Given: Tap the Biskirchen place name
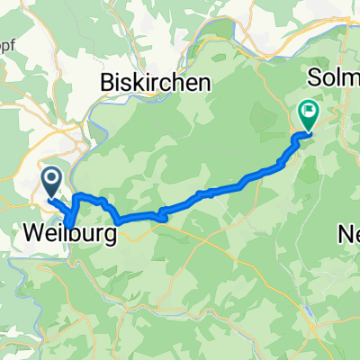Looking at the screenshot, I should [x=156, y=83].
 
